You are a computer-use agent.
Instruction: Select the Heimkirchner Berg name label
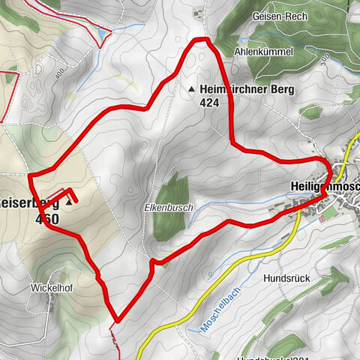248,90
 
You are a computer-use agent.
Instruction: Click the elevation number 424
210,103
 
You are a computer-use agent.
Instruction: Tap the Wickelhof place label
52,286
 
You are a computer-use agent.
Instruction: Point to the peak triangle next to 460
70,202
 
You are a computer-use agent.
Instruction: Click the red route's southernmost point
116,322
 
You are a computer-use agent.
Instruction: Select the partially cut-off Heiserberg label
28,203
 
